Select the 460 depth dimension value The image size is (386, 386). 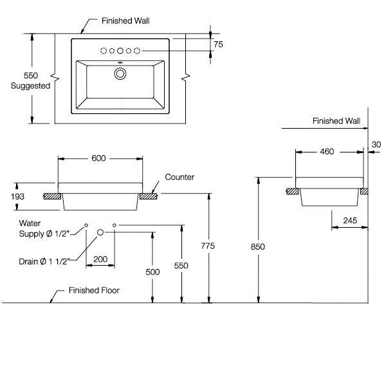coord(327,152)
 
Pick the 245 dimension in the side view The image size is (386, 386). coord(349,219)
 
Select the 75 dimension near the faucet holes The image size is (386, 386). coord(218,45)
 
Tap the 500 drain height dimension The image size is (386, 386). coord(152,272)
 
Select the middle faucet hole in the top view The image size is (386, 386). coord(120,50)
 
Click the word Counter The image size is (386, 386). coord(179,177)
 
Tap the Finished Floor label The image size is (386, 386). coord(94,290)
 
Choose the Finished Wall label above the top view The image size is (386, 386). coord(125,21)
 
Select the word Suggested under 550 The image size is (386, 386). coord(31,86)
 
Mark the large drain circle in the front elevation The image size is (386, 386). coord(100,232)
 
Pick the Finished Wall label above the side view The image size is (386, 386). coord(336,120)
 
